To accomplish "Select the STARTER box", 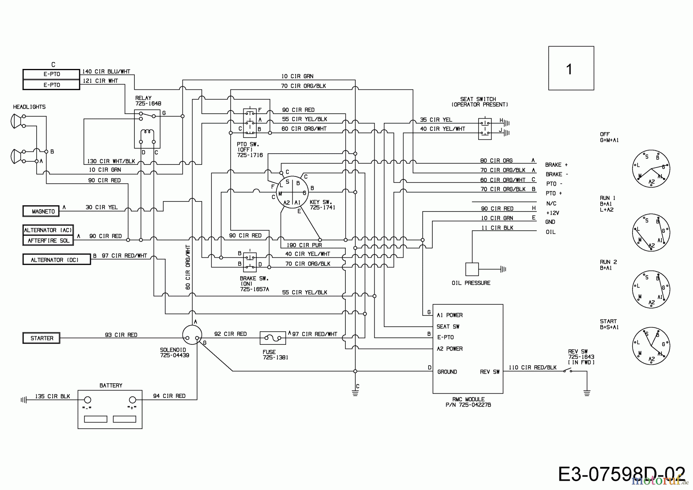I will coord(41,338).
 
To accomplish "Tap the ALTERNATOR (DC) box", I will coord(57,260).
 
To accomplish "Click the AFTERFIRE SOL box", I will coord(48,240).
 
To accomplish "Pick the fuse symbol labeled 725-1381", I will coord(273,338).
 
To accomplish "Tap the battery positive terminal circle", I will coord(132,400).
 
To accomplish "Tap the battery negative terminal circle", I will coord(87,400).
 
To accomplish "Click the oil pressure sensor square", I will coord(472,269).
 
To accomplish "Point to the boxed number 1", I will coord(571,68).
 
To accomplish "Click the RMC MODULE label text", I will coord(468,399).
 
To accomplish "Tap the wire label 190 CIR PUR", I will coord(304,245).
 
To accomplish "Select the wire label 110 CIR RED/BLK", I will coord(532,367).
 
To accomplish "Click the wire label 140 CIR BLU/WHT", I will coord(106,72).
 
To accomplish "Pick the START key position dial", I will coord(651,345).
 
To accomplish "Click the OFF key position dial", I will coord(651,169).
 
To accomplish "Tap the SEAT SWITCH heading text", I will coord(478,99).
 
